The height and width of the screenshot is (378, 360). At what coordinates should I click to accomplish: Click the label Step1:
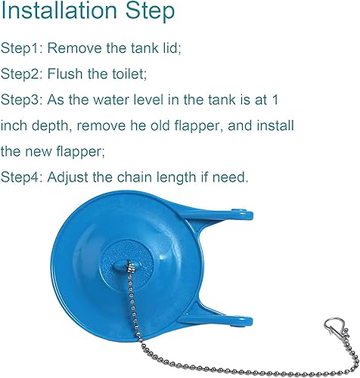(x=23, y=48)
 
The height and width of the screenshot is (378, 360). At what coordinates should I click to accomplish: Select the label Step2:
(x=23, y=73)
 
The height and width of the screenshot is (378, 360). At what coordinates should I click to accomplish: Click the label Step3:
(x=23, y=99)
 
